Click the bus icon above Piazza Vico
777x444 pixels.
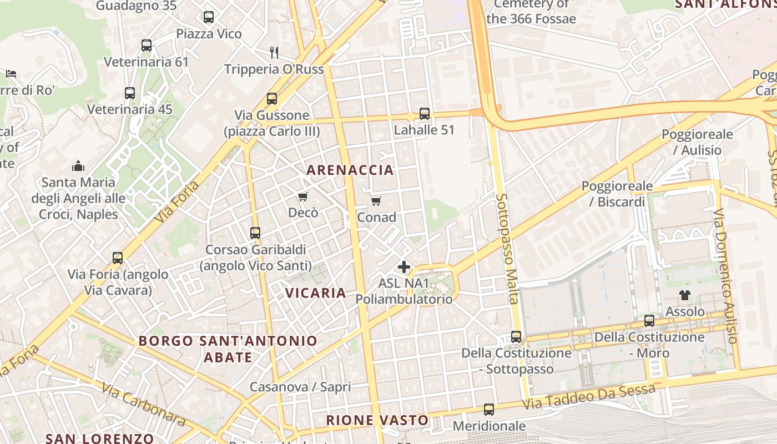pyautogui.click(x=209, y=17)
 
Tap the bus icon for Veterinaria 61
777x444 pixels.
pyautogui.click(x=147, y=46)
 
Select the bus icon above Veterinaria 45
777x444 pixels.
pyautogui.click(x=130, y=93)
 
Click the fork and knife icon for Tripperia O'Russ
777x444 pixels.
pyautogui.click(x=274, y=53)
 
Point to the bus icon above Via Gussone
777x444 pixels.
pyautogui.click(x=272, y=99)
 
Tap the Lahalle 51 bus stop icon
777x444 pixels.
pyautogui.click(x=425, y=114)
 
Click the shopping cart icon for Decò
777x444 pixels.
pyautogui.click(x=303, y=196)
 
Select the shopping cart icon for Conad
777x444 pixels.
pyautogui.click(x=376, y=201)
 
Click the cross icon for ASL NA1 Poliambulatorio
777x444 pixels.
pyautogui.click(x=404, y=267)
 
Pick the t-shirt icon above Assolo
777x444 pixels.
pyautogui.click(x=685, y=295)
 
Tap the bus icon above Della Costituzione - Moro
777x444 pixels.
pyautogui.click(x=649, y=321)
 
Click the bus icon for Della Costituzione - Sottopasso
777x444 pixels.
pyautogui.click(x=516, y=337)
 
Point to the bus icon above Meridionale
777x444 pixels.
pyautogui.click(x=489, y=410)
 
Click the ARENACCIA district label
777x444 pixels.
pyautogui.click(x=350, y=170)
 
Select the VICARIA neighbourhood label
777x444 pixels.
pyautogui.click(x=316, y=292)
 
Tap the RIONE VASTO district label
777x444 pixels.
pyautogui.click(x=377, y=420)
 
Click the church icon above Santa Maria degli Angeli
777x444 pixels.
pyautogui.click(x=78, y=166)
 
